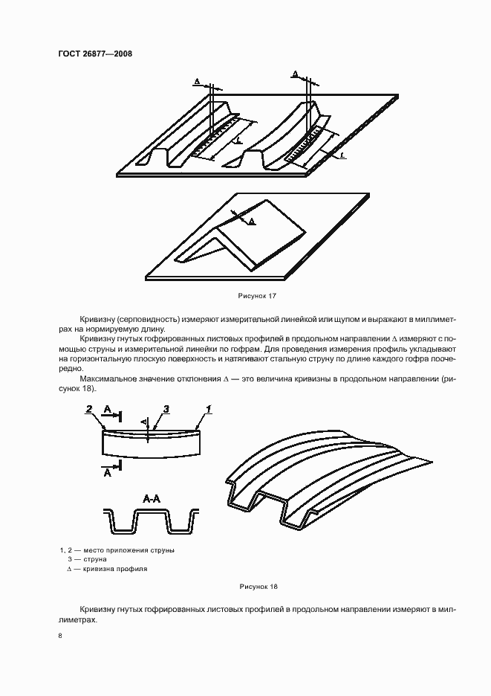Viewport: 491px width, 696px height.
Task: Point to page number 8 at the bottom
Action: (x=60, y=636)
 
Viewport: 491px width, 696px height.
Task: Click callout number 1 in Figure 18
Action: (x=209, y=409)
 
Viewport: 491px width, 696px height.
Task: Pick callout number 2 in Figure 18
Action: (x=88, y=409)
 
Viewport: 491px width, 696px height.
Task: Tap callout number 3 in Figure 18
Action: (x=166, y=409)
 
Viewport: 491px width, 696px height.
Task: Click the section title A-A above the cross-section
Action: (x=151, y=500)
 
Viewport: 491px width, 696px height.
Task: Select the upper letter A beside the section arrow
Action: (x=108, y=410)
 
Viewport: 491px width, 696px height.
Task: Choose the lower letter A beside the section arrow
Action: (x=108, y=471)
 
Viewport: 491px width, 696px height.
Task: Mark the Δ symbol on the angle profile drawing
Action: (x=251, y=221)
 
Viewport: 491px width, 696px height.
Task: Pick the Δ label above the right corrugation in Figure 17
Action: (x=295, y=74)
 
